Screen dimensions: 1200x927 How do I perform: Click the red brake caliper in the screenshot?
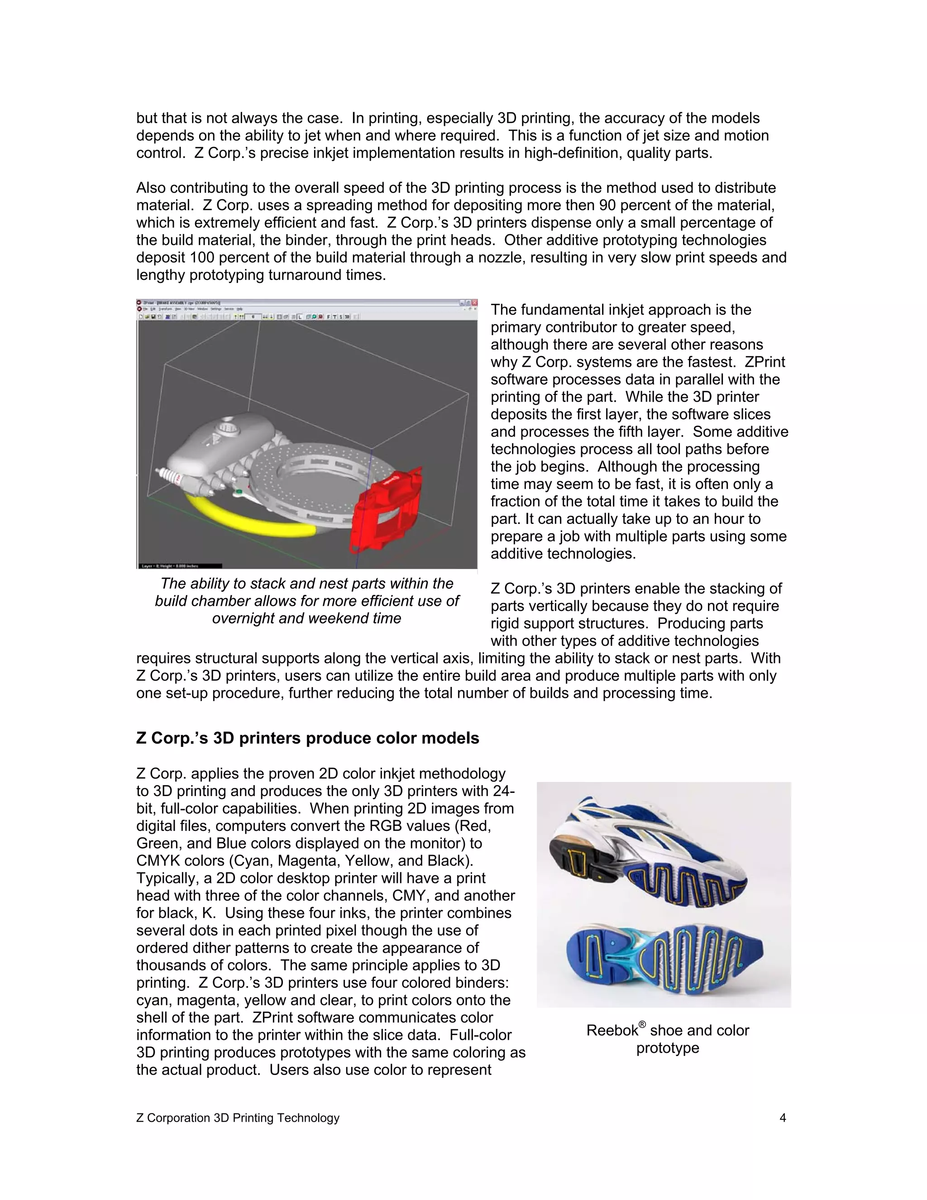point(387,511)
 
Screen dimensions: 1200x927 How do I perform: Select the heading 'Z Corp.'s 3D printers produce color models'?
point(307,738)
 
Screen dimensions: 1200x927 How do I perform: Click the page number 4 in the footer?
point(783,1118)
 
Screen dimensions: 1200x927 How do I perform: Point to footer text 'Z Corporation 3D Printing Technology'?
point(238,1118)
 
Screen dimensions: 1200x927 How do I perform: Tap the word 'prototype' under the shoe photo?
point(667,1048)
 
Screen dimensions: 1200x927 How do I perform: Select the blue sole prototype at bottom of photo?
point(664,959)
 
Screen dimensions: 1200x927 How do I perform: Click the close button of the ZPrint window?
point(473,302)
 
